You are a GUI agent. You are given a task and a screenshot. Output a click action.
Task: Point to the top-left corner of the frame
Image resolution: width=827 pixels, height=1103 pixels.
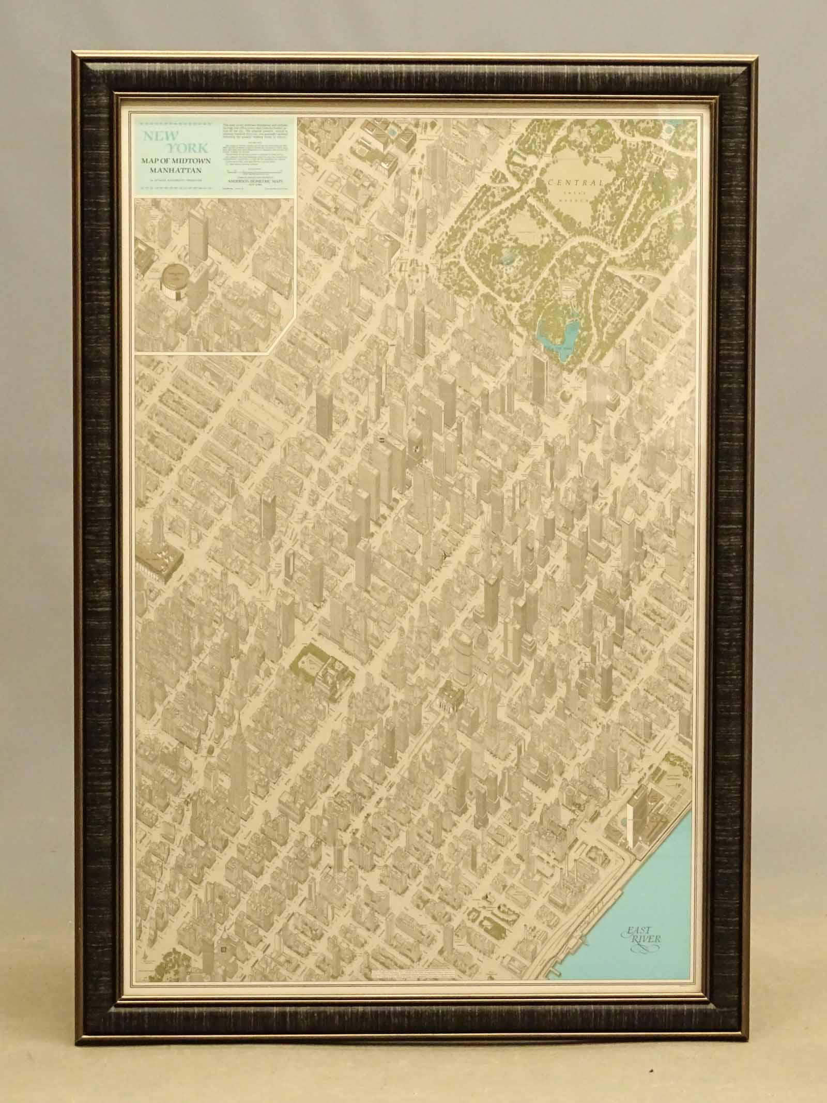(x=74, y=53)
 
